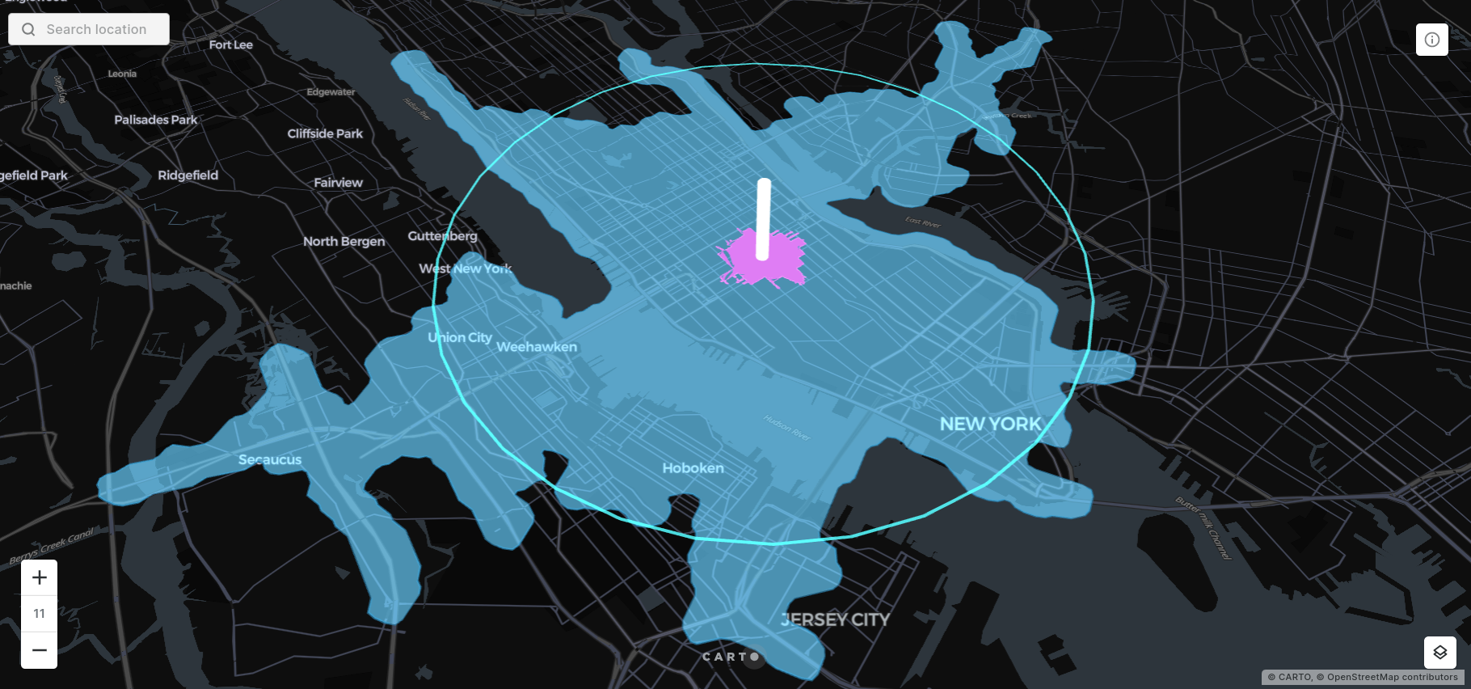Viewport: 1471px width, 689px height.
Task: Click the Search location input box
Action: (x=96, y=29)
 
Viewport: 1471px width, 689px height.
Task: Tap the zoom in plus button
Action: (x=40, y=577)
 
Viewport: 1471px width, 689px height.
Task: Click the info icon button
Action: (x=1431, y=40)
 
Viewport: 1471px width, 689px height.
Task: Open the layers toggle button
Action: (x=1439, y=652)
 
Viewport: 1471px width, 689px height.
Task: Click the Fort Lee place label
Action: (x=230, y=45)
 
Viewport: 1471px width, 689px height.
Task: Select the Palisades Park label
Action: (x=156, y=120)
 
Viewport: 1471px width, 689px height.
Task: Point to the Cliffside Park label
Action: (x=325, y=133)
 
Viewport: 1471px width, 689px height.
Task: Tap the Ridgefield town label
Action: (x=188, y=175)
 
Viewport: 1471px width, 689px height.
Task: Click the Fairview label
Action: (x=338, y=183)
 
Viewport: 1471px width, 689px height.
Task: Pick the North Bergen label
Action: (x=344, y=241)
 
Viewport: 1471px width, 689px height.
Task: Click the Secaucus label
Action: (x=270, y=459)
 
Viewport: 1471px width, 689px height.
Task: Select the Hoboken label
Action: (x=693, y=468)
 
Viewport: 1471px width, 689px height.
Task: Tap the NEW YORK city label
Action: (x=990, y=424)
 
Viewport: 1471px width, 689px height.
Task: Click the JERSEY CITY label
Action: (x=835, y=619)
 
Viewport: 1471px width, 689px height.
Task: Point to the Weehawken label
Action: (x=537, y=347)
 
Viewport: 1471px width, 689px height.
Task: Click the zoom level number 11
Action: (x=40, y=613)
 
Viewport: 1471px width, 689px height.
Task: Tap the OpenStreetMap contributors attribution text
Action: (x=1392, y=677)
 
